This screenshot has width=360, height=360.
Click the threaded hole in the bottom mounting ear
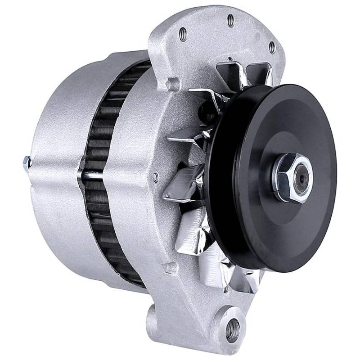pos(232,331)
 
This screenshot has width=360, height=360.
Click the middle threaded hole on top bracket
pos(230,20)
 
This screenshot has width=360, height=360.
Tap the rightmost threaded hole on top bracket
pos(271,46)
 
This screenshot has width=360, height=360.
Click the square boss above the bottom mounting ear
pos(170,269)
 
